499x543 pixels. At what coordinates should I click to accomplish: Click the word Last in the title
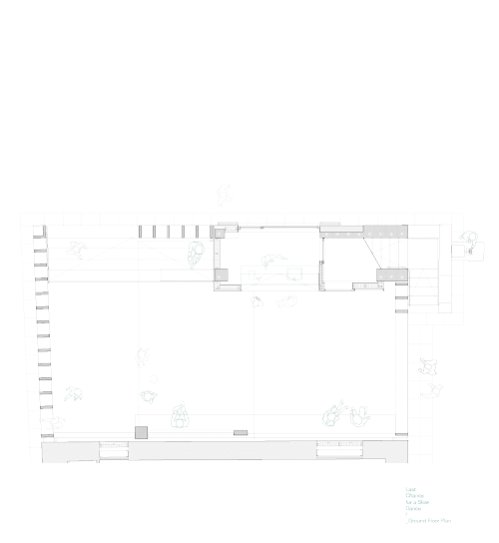pyautogui.click(x=409, y=489)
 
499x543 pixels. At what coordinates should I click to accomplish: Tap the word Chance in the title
pyautogui.click(x=414, y=495)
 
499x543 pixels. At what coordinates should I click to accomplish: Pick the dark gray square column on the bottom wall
pyautogui.click(x=142, y=431)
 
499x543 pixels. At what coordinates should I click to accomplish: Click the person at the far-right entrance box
pyautogui.click(x=467, y=243)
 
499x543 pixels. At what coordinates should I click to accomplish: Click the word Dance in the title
pyautogui.click(x=413, y=507)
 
